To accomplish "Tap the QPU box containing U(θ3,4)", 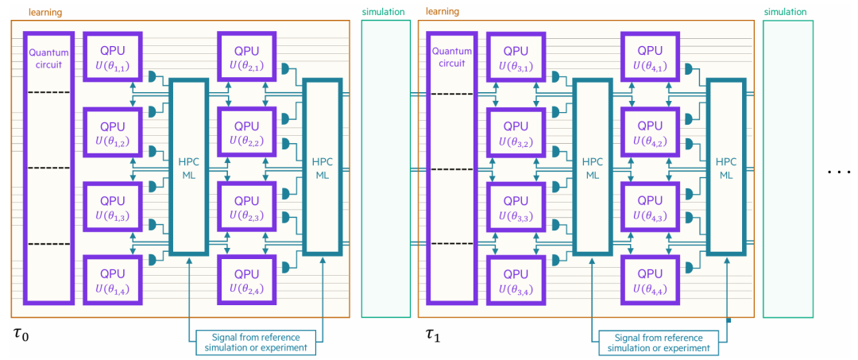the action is [516, 279].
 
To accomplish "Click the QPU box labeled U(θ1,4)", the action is [113, 279].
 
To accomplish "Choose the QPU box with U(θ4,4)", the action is [651, 279].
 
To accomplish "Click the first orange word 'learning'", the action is [47, 11].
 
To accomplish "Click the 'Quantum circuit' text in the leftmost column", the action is [48, 57].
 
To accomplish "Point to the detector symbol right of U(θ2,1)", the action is [286, 69].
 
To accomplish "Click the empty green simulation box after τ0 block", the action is [386, 168].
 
